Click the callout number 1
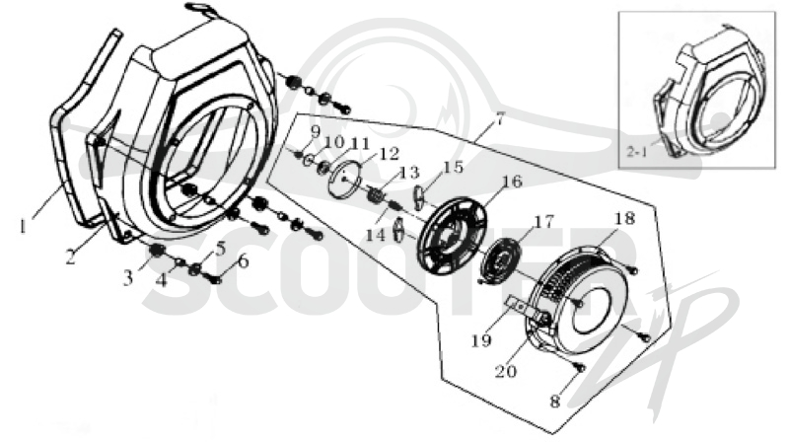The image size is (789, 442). coord(23,227)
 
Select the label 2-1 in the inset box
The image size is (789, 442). coord(636,151)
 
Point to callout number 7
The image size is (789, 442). coord(499,118)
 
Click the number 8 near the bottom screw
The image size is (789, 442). coord(554,402)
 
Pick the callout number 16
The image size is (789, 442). coord(511,181)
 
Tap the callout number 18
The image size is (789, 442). coord(624,218)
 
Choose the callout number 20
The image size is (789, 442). coord(505,371)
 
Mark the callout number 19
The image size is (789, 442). coord(481,340)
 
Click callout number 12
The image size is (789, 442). coord(389,153)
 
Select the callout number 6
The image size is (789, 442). coord(243,261)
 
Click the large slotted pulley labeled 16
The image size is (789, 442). coord(452,236)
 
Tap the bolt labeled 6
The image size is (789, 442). coord(215,278)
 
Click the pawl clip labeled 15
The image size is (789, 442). coord(421,195)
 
